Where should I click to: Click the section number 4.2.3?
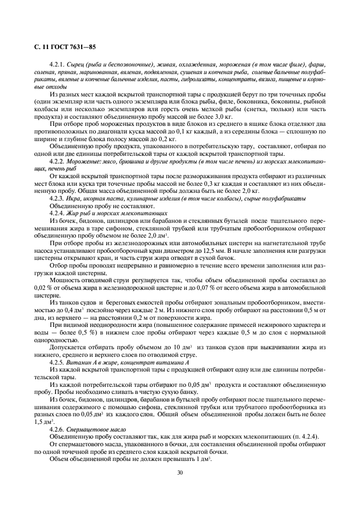coord(57,199)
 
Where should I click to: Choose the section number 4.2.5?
coord(57,362)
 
